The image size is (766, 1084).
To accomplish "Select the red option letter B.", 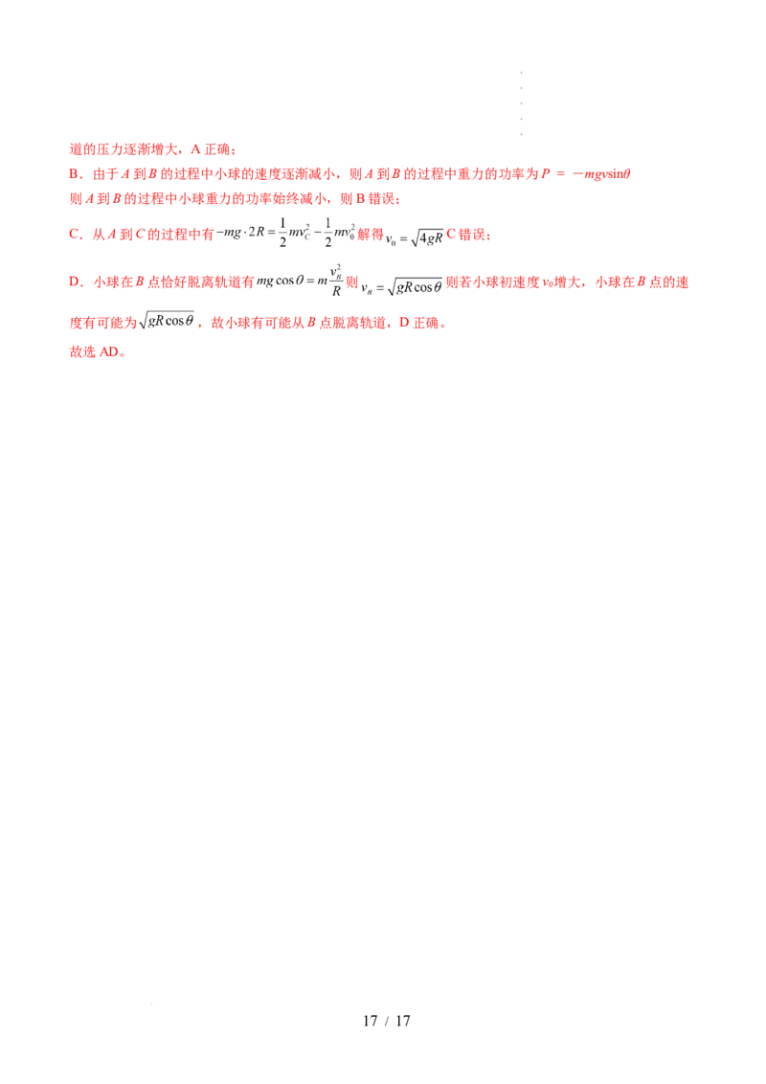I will click(x=73, y=175).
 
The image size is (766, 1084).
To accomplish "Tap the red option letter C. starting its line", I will click(x=73, y=234).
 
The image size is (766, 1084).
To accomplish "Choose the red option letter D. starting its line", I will click(x=73, y=283).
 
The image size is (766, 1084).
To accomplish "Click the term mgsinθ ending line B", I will click(x=613, y=175).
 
